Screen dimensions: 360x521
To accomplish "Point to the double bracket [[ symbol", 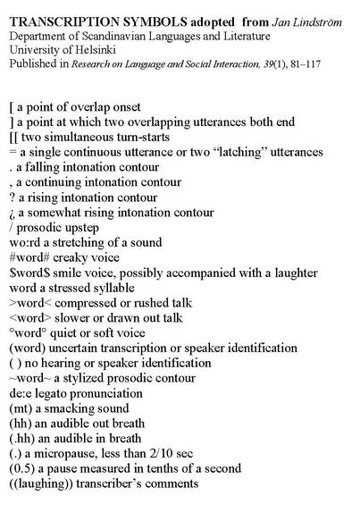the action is coord(13,137).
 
